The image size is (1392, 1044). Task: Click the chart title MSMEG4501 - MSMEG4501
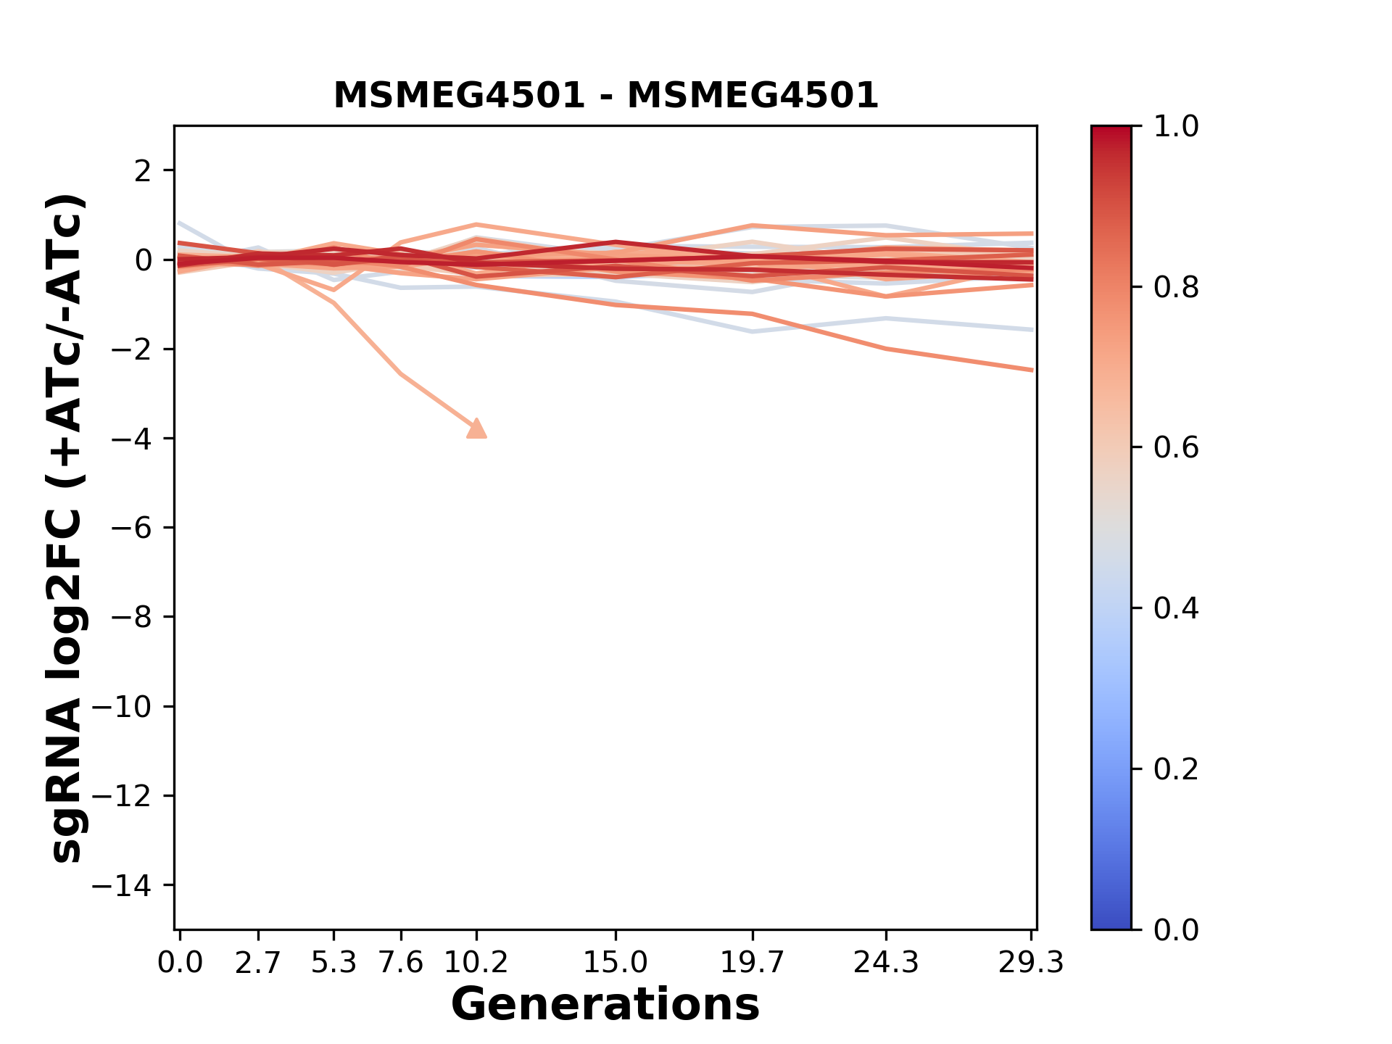tap(605, 96)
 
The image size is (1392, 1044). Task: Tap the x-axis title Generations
tap(605, 1005)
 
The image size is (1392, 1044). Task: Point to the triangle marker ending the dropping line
tap(476, 428)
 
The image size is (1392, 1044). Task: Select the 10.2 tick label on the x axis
tap(476, 963)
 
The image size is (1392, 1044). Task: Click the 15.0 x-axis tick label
tap(616, 963)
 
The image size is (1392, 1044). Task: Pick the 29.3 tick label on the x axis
tap(1031, 963)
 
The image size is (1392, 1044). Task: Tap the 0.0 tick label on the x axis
tap(181, 963)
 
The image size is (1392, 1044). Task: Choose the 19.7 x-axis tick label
tap(752, 963)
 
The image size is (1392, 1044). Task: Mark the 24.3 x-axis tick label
tap(886, 963)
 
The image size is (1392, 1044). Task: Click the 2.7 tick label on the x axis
tap(258, 963)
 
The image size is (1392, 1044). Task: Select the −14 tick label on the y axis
tap(131, 885)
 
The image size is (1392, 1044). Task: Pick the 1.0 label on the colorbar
tap(1176, 127)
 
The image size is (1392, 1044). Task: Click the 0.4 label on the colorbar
tap(1176, 608)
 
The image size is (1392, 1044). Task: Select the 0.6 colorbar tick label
tap(1176, 448)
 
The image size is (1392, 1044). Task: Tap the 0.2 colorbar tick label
tap(1176, 769)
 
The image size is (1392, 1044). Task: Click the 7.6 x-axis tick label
tap(401, 963)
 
